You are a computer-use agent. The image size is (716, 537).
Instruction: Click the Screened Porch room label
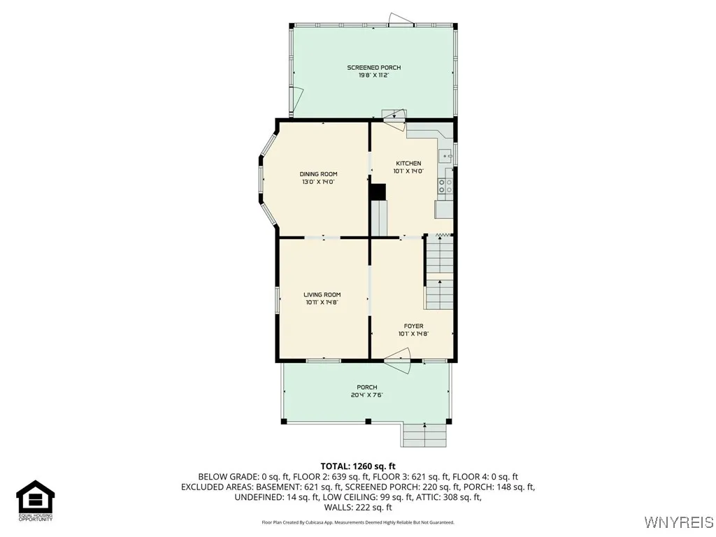(373, 68)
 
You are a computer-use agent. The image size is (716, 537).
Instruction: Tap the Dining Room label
(318, 174)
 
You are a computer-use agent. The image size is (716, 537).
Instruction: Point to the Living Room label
(322, 295)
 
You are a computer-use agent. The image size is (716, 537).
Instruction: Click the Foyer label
(413, 326)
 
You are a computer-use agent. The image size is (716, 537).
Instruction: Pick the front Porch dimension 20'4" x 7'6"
(366, 395)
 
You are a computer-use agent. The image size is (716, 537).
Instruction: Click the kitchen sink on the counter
(445, 157)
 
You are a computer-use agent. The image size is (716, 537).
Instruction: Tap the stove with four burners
(445, 185)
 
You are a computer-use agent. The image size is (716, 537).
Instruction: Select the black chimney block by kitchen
(378, 192)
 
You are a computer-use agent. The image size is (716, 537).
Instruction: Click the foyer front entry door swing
(396, 366)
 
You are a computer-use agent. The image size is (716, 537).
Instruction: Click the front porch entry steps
(424, 435)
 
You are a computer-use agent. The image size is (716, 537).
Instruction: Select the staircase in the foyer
(440, 273)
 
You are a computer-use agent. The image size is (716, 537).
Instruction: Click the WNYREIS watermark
(678, 522)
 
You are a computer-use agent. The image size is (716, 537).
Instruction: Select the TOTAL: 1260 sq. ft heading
(358, 466)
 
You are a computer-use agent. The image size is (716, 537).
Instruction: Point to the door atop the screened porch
(401, 20)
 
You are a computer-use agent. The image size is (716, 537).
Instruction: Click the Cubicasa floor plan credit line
(358, 522)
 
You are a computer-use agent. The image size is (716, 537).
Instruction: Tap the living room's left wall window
(277, 299)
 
